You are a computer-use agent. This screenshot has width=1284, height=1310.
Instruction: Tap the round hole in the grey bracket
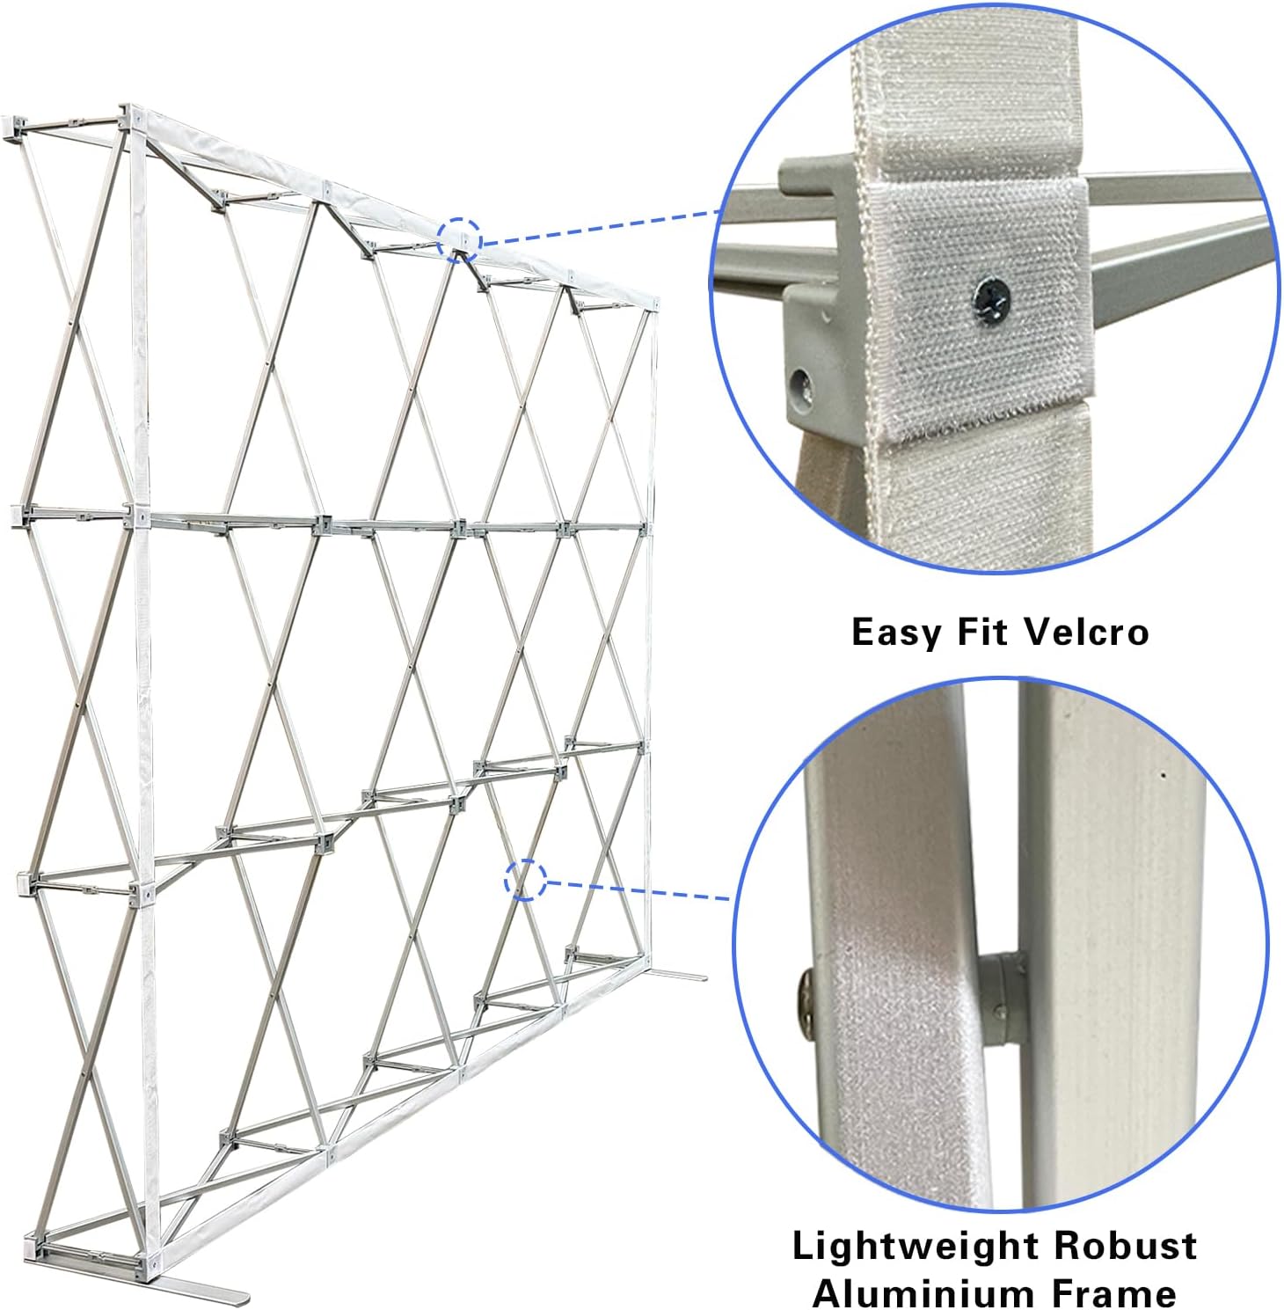click(x=801, y=382)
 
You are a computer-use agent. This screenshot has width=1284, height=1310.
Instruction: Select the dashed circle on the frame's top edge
click(x=460, y=238)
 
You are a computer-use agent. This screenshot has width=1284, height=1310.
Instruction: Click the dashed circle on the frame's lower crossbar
click(x=526, y=879)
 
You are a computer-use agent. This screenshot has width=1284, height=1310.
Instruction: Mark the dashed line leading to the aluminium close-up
click(x=638, y=889)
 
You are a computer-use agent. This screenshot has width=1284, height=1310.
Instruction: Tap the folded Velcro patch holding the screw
click(x=976, y=308)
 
